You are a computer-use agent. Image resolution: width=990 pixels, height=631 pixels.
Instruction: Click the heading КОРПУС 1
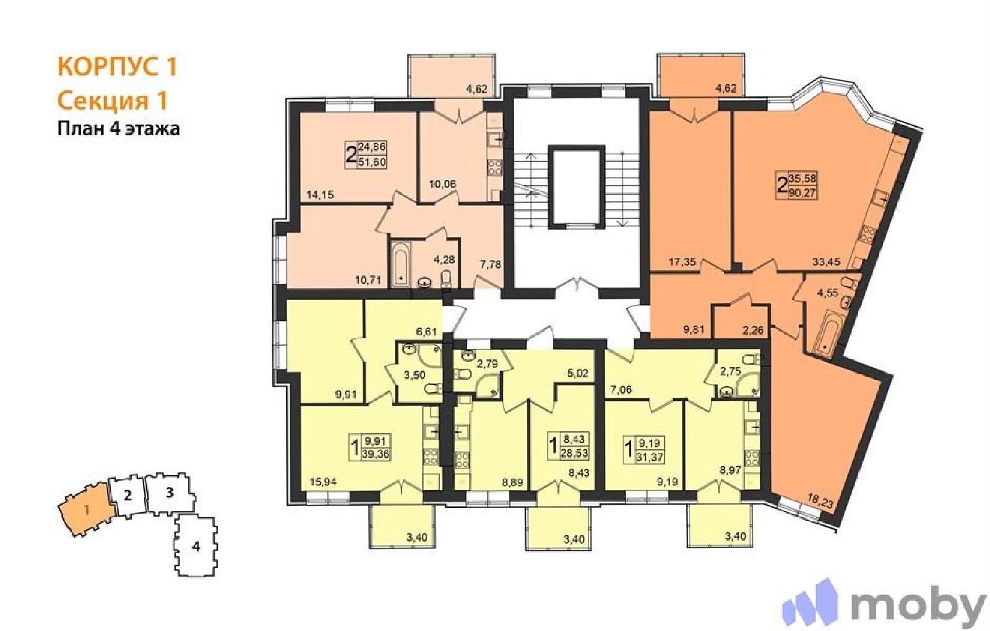click(118, 67)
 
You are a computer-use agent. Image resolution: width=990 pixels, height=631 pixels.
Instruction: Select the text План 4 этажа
click(119, 129)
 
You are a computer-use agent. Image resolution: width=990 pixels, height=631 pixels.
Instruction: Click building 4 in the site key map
click(196, 547)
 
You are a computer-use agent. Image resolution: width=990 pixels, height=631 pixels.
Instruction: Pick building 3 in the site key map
click(170, 492)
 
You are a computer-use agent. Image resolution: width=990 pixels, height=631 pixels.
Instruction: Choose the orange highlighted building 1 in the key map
click(87, 510)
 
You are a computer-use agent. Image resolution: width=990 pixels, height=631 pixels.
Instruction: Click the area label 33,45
click(826, 262)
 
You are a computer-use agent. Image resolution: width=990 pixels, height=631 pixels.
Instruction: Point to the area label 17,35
click(682, 262)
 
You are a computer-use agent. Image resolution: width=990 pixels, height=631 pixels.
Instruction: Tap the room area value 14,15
click(320, 194)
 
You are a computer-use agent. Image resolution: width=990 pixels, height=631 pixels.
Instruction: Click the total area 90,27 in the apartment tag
click(804, 192)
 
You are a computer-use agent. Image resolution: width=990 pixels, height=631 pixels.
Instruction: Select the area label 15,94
click(323, 482)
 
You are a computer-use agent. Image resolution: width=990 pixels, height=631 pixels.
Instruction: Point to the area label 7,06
click(621, 390)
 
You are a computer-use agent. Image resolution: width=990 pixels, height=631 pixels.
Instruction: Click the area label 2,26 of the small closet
click(752, 330)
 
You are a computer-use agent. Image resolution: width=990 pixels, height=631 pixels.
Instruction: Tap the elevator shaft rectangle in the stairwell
click(576, 187)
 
